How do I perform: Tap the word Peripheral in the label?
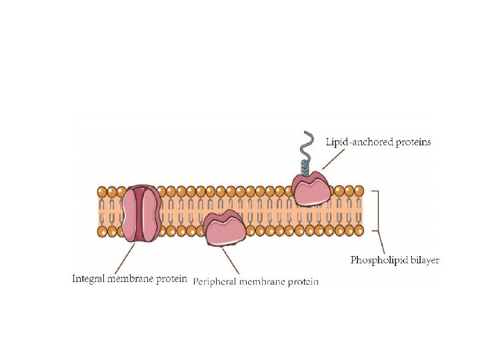pos(215,282)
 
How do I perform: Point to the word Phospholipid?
pos(379,260)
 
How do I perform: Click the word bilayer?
pos(425,260)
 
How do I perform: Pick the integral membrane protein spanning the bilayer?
pos(141,213)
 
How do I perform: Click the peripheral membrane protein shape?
pos(223,230)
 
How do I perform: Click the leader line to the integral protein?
pos(127,257)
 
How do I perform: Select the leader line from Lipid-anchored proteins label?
pos(333,159)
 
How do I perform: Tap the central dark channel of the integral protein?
pos(141,213)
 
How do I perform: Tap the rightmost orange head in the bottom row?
pos(359,231)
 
